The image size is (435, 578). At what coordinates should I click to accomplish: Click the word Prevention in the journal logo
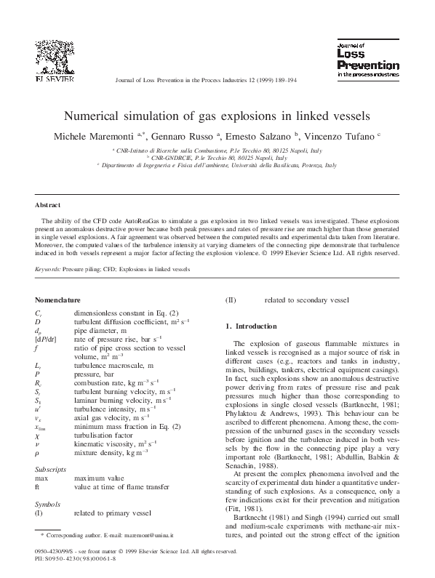click(x=368, y=65)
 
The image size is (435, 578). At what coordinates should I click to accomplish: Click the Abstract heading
click(x=48, y=206)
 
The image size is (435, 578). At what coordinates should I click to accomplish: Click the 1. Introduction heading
click(x=252, y=326)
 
